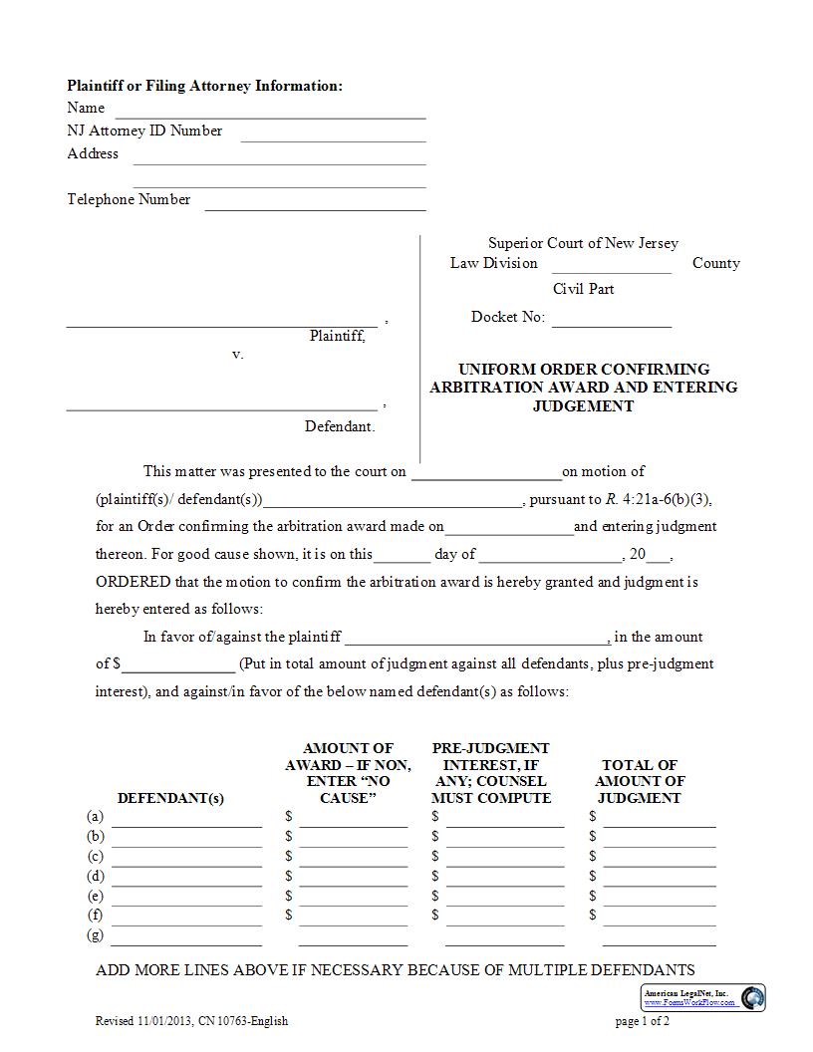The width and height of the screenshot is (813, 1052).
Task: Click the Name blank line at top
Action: pos(270,112)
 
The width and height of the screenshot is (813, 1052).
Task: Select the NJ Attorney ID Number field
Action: pos(333,134)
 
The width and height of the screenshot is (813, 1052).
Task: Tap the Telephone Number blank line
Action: pos(315,203)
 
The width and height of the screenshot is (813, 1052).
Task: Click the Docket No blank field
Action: pos(611,320)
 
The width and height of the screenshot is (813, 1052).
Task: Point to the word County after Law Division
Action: pos(715,263)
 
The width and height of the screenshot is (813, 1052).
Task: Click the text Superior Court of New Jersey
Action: pos(583,243)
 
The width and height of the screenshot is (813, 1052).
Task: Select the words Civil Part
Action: pos(583,289)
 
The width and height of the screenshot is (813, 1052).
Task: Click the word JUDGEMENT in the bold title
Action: pos(583,405)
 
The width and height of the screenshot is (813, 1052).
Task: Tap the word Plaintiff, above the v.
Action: pos(337,336)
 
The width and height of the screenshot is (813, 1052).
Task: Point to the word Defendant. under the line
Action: pos(340,426)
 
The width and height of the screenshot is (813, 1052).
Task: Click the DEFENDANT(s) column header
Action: pos(170,798)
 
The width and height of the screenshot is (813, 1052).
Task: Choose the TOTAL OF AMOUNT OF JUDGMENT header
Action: pos(639,781)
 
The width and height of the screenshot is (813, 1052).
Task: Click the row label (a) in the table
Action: pos(96,817)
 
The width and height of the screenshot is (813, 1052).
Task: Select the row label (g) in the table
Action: pos(96,934)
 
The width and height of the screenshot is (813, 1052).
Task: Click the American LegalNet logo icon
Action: pos(753,997)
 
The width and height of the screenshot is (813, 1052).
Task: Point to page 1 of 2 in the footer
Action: pos(642,1021)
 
